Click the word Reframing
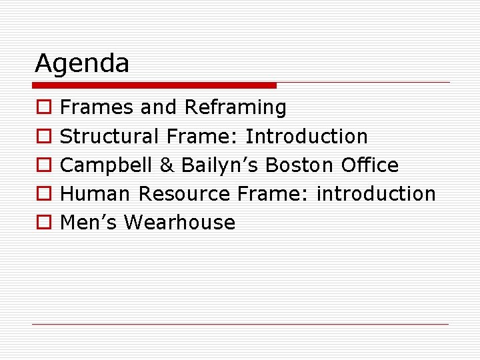pyautogui.click(x=235, y=108)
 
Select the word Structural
pyautogui.click(x=109, y=137)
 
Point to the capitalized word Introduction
pyautogui.click(x=307, y=137)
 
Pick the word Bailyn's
pyautogui.click(x=221, y=165)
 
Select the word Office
pyautogui.click(x=369, y=165)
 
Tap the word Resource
pyautogui.click(x=184, y=194)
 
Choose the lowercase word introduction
pyautogui.click(x=375, y=194)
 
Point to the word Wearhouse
pyautogui.click(x=179, y=223)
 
